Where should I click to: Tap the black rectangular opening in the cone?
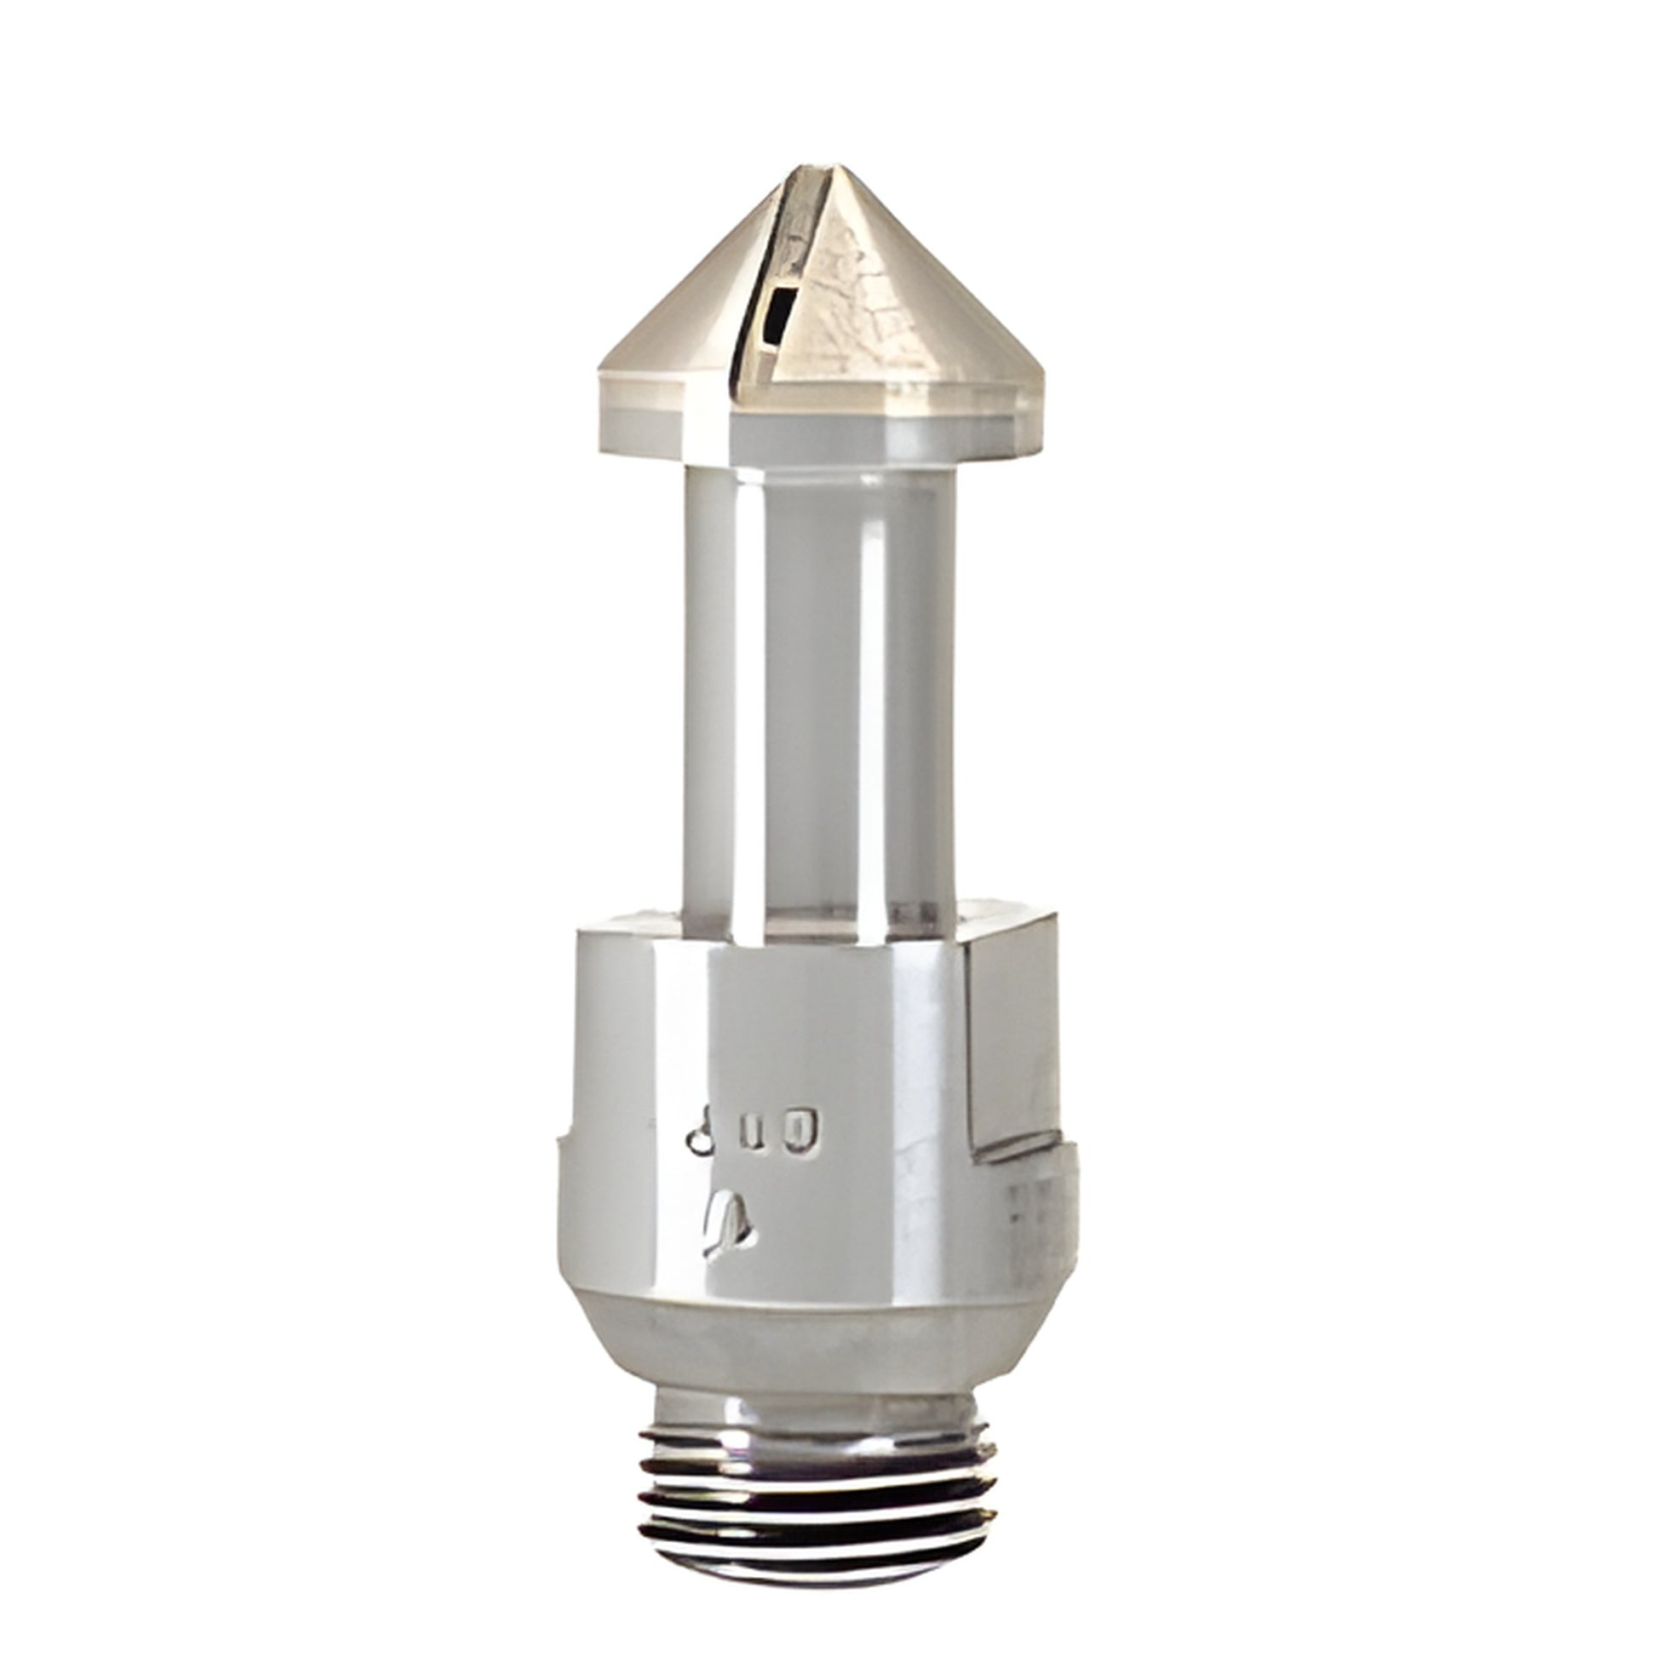[x=779, y=318]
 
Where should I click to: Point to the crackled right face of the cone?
[x=883, y=309]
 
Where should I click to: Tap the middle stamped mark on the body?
[x=752, y=1134]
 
